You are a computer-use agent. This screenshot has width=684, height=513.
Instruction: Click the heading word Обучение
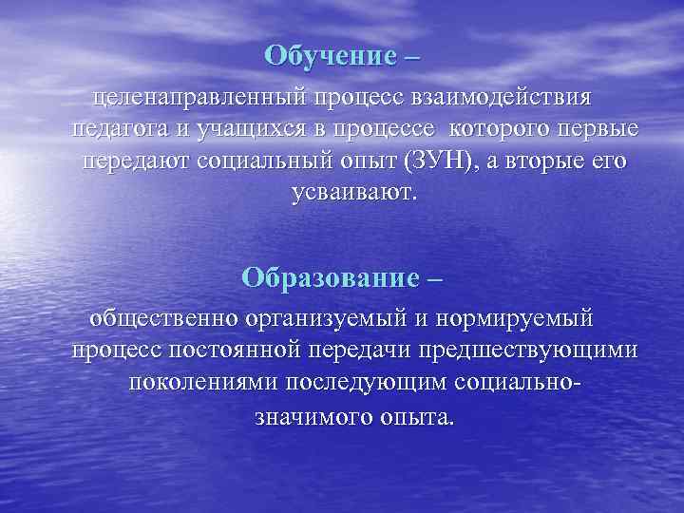coord(329,55)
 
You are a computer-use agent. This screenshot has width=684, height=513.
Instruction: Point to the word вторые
coord(544,161)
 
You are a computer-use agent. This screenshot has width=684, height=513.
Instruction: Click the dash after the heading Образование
coord(434,278)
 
